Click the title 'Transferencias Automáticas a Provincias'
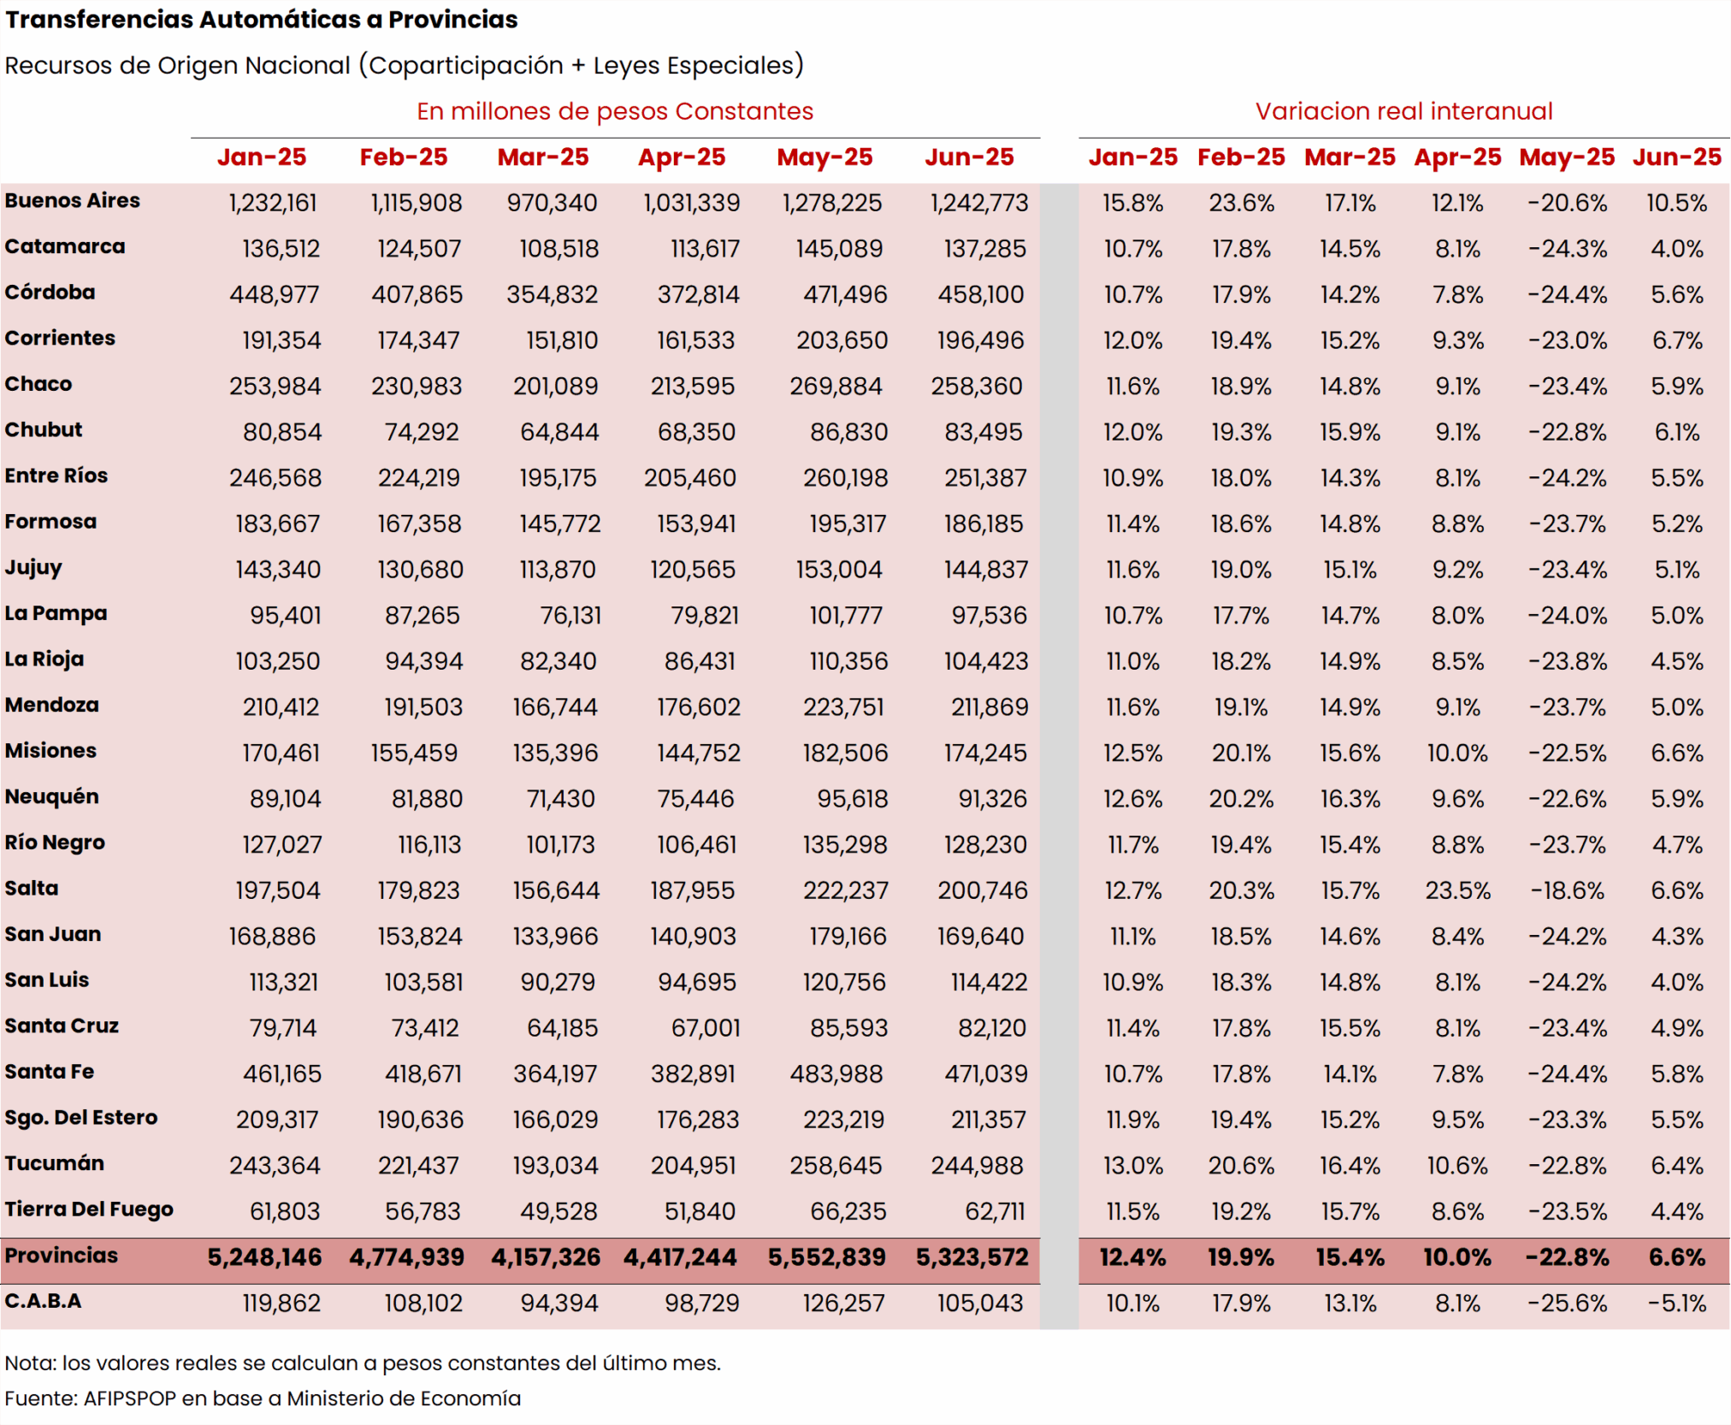(261, 20)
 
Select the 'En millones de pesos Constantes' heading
(614, 111)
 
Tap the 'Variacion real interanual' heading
(1403, 111)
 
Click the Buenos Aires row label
(73, 201)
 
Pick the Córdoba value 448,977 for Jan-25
(275, 295)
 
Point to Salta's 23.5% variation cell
(1457, 891)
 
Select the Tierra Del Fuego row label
(89, 1209)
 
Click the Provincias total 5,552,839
(826, 1257)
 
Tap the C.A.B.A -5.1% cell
(1676, 1304)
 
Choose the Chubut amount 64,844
(559, 432)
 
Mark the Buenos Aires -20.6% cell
(1567, 204)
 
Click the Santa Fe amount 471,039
(985, 1074)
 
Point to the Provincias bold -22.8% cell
(1567, 1257)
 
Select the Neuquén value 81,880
(427, 799)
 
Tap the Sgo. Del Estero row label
(81, 1118)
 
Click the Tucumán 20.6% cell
(1241, 1166)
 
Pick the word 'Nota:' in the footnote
(31, 1363)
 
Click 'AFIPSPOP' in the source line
(129, 1398)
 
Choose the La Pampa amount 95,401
(285, 616)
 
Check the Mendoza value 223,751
(843, 707)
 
